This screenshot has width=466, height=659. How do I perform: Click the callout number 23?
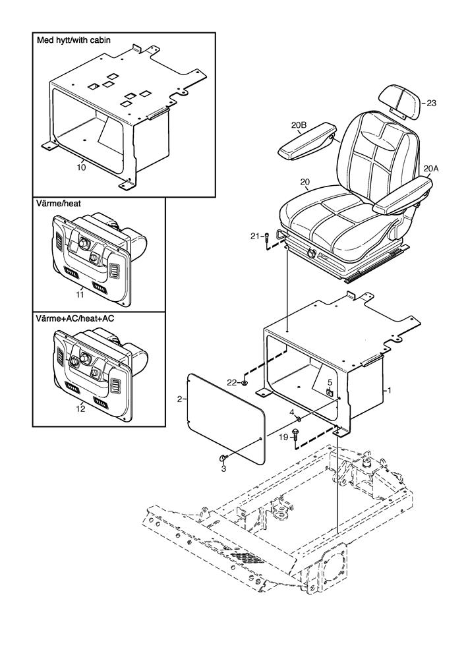pos(431,103)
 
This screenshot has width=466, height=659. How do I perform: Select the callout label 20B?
pos(299,125)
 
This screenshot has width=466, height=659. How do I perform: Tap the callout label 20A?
pos(431,169)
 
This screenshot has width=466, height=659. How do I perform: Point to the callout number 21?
pos(255,236)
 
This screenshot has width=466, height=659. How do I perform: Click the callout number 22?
pos(233,382)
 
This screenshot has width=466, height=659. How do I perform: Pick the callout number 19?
pos(283,438)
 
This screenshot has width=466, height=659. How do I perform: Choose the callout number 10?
pos(82,167)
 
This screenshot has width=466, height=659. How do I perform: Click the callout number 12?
pos(80,408)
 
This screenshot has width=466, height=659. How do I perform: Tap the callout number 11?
pos(80,295)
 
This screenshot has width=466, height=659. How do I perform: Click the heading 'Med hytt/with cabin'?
pos(74,40)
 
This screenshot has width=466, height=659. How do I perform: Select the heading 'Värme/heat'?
pos(59,204)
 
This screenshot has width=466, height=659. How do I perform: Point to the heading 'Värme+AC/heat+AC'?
pos(75,318)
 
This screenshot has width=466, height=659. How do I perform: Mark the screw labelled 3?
pos(223,457)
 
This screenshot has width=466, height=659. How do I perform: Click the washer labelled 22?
pos(244,382)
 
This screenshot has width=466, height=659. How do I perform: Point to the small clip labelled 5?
pos(330,392)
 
